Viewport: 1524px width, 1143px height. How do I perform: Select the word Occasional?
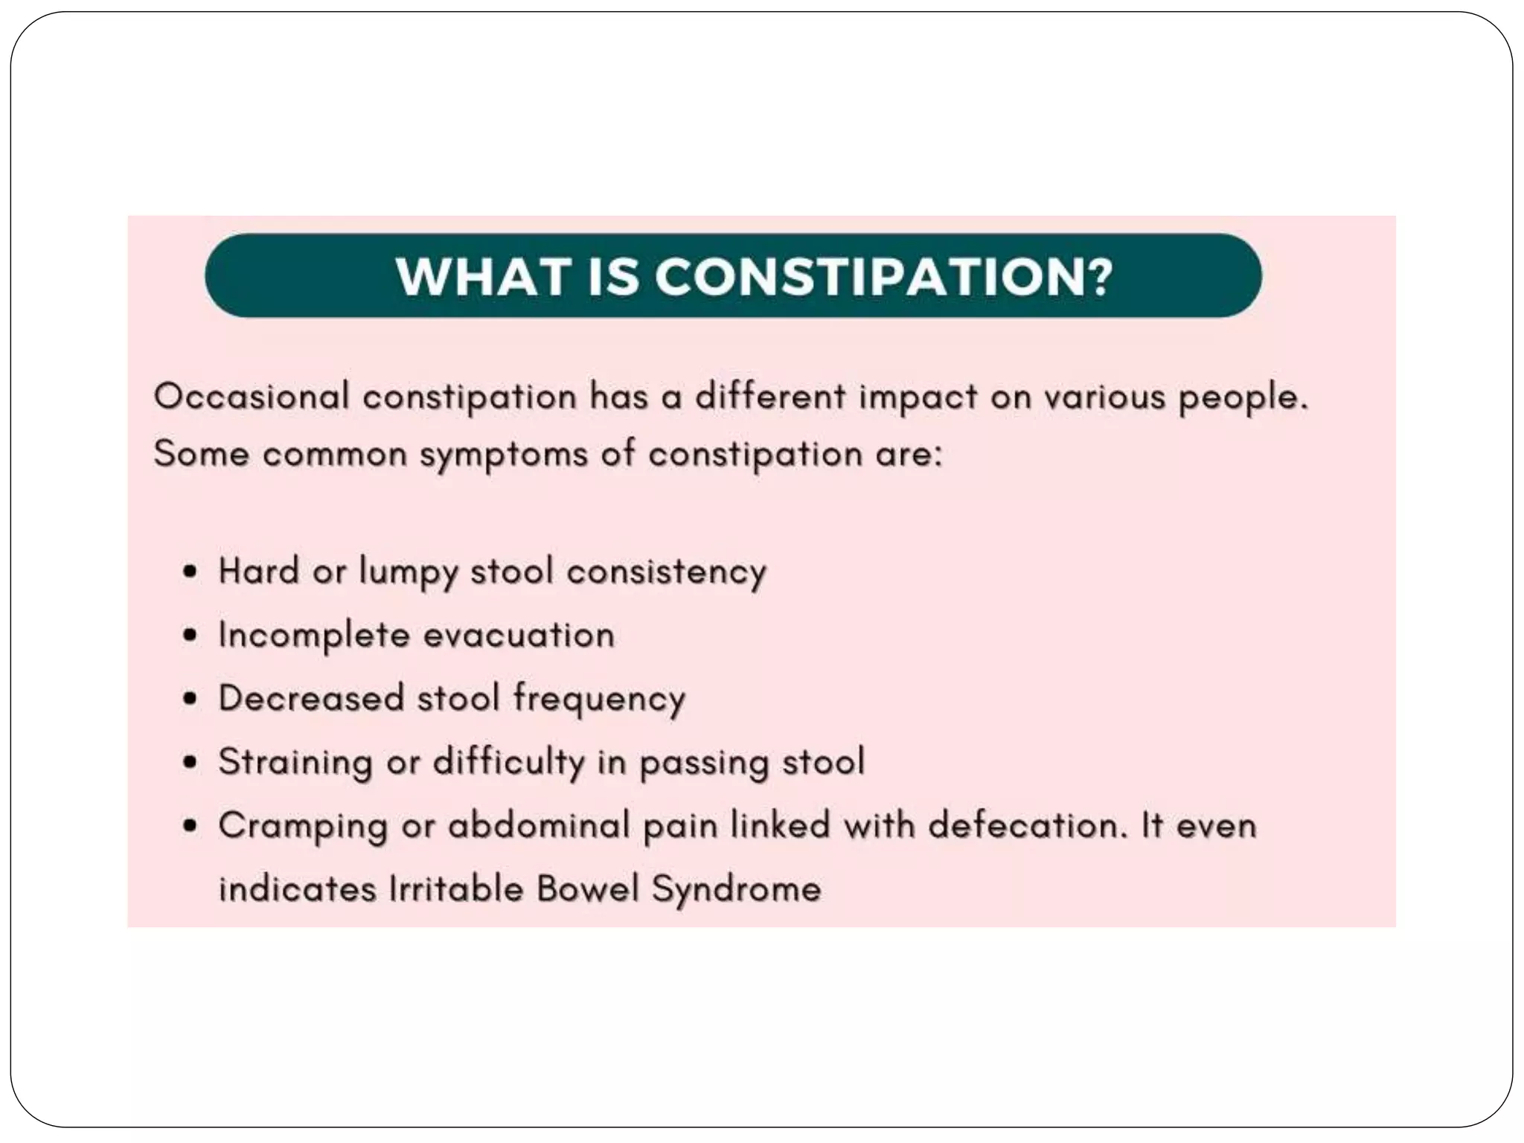[x=252, y=396]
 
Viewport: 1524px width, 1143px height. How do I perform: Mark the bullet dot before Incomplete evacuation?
[x=191, y=636]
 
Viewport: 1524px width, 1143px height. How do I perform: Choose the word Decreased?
[x=311, y=699]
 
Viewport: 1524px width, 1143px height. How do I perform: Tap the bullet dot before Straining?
[x=191, y=763]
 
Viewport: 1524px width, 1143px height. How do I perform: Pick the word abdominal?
[x=539, y=825]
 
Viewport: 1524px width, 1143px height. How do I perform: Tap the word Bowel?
[x=588, y=889]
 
